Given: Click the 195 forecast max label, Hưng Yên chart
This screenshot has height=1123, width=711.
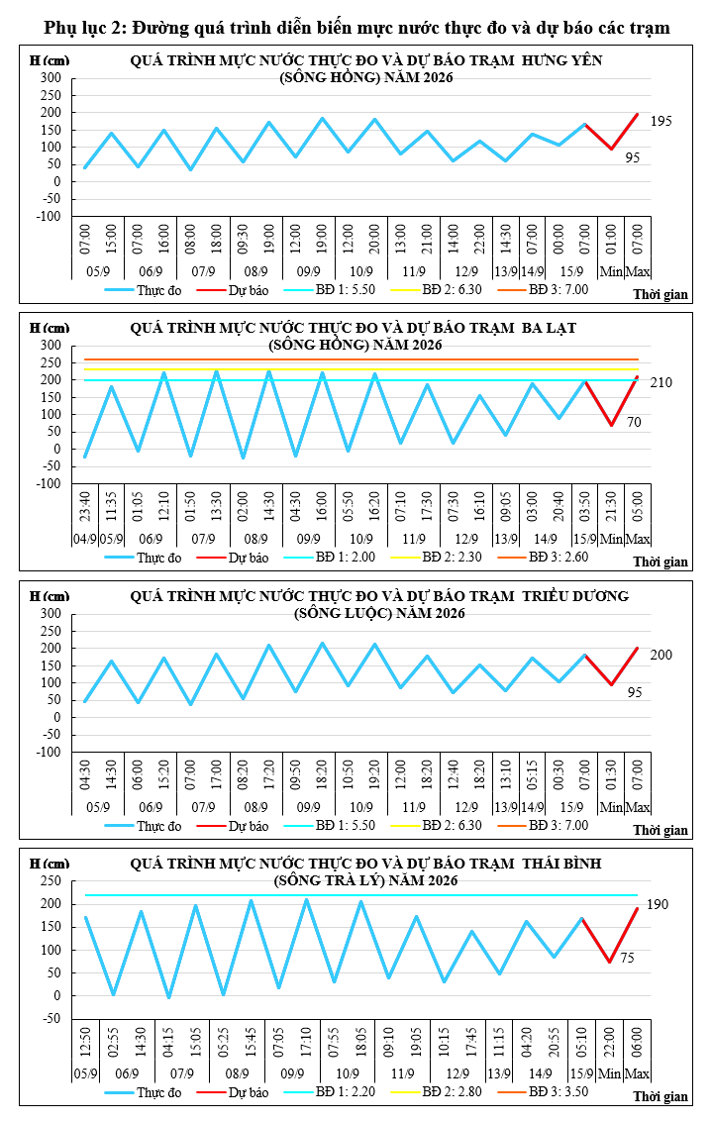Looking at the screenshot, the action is [660, 121].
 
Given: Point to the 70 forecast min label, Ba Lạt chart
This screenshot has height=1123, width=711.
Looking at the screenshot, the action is [634, 422].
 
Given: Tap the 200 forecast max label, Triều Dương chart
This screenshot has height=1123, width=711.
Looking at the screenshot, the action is [660, 655].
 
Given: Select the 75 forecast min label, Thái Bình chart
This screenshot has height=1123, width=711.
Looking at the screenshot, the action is [627, 958].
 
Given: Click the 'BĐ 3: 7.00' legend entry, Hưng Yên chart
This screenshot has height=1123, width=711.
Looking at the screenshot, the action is [559, 289].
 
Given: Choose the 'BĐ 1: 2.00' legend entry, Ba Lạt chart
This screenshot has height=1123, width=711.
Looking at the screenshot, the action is [346, 558].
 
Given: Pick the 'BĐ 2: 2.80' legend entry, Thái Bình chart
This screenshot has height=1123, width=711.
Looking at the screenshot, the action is [452, 1092].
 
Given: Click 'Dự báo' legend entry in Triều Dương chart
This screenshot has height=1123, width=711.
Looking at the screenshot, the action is [249, 826].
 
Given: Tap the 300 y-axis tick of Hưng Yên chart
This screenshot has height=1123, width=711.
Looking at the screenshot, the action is [51, 77].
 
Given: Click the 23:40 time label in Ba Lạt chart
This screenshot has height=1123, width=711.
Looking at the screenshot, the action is [84, 506].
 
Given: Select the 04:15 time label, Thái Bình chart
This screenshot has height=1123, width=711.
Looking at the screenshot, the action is [167, 1043].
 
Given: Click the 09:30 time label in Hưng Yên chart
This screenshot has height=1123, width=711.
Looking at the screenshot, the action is [243, 239].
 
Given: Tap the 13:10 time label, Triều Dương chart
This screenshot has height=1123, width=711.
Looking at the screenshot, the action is [505, 775].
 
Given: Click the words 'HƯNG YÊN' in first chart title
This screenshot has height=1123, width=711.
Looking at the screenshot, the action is [562, 60].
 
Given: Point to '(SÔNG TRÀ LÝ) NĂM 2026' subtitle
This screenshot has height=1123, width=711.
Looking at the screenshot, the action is [365, 880].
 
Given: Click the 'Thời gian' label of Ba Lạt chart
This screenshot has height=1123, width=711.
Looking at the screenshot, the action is [660, 562].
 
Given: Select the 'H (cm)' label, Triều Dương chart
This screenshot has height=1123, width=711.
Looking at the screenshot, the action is [50, 596].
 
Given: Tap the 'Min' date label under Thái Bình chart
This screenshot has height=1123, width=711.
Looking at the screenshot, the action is [609, 1073].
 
